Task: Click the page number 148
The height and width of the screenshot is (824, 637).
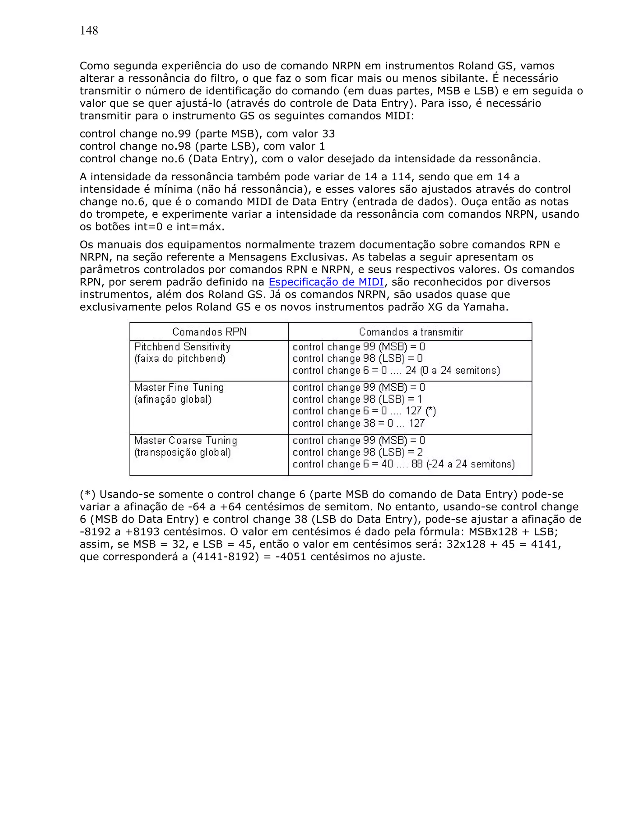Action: pyautogui.click(x=89, y=30)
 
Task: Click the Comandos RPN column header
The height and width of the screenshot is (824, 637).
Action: pyautogui.click(x=209, y=332)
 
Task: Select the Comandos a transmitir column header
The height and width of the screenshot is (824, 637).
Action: pyautogui.click(x=411, y=332)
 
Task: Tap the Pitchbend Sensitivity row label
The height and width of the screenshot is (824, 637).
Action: pyautogui.click(x=182, y=347)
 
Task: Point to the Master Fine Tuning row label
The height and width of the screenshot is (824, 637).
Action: pyautogui.click(x=179, y=387)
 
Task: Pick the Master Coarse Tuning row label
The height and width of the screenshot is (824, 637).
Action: pyautogui.click(x=185, y=441)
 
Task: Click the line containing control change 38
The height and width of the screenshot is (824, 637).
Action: pyautogui.click(x=359, y=423)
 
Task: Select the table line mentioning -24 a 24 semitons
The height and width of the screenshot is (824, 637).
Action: pyautogui.click(x=403, y=464)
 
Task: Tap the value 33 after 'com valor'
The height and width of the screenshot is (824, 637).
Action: pyautogui.click(x=328, y=134)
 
